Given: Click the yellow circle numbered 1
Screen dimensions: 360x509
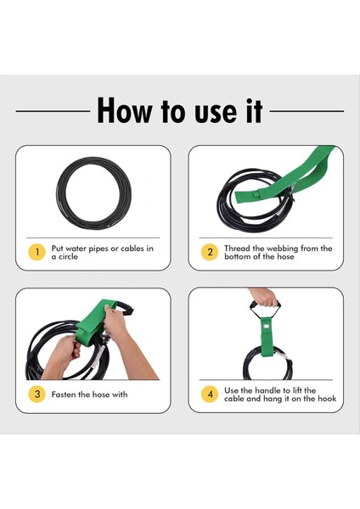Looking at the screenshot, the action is (x=37, y=252).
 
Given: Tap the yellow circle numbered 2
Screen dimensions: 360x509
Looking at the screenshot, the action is (x=210, y=252).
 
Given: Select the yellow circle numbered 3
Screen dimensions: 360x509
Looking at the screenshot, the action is (x=37, y=394).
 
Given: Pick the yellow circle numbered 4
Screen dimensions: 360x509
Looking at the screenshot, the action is (x=210, y=394).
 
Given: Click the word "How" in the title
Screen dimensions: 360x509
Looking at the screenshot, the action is (x=125, y=110).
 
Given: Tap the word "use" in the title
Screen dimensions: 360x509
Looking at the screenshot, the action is (x=217, y=114).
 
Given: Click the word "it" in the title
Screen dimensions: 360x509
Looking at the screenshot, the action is (x=255, y=110).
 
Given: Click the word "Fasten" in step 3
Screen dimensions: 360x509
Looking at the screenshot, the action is (x=64, y=394).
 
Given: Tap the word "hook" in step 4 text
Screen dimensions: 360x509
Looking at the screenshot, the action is (x=327, y=399).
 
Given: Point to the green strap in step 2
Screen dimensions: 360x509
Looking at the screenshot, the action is (x=286, y=176).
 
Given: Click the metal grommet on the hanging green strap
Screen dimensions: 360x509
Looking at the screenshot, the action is (x=267, y=327).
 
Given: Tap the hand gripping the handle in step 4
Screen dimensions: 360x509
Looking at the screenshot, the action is (x=264, y=297).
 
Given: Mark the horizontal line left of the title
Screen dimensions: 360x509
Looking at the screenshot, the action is (x=53, y=111).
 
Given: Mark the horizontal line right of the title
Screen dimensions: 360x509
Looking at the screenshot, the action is (x=307, y=111).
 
